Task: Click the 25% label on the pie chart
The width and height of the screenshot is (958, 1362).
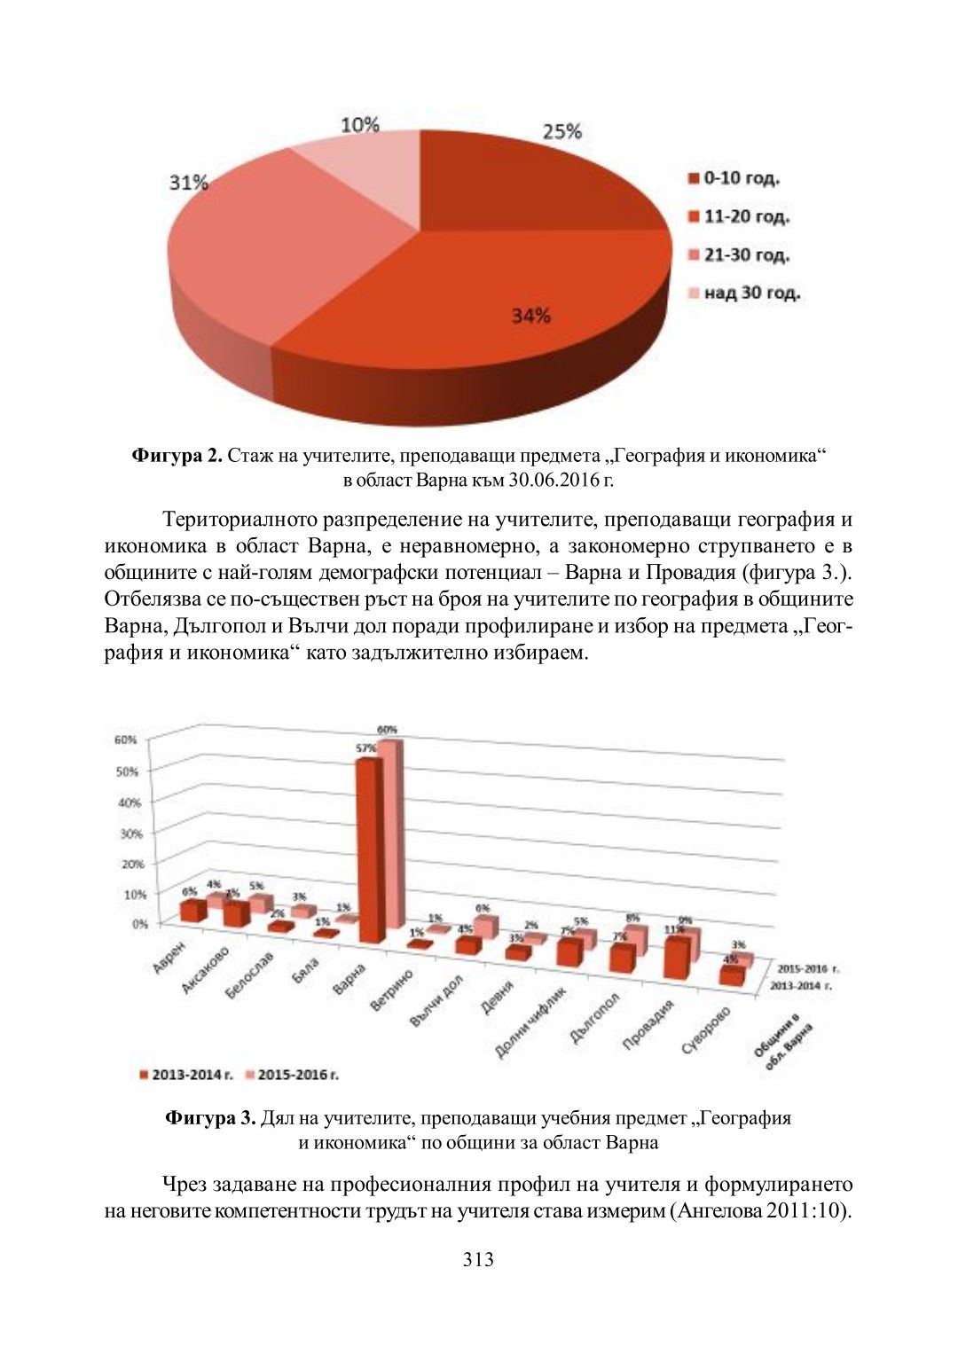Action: tap(561, 132)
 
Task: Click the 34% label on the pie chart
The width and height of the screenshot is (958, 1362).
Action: tap(530, 316)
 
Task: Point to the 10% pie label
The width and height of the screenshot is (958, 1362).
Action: tap(360, 125)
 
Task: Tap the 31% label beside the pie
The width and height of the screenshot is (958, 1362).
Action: tap(188, 183)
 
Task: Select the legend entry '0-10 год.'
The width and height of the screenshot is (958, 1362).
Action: tap(734, 178)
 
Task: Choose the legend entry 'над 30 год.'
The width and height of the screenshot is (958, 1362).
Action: tap(744, 293)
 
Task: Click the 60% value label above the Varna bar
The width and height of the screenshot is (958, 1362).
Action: tap(388, 730)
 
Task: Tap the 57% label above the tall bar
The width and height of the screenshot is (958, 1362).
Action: tap(365, 748)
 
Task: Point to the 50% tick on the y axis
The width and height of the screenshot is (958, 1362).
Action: tap(127, 771)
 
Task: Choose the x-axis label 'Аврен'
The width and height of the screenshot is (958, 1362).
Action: tap(169, 959)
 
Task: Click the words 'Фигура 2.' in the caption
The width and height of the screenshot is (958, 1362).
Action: tap(177, 456)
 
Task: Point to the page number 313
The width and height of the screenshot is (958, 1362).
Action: tap(478, 1260)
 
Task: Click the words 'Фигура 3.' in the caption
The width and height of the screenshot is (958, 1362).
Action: tap(210, 1117)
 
